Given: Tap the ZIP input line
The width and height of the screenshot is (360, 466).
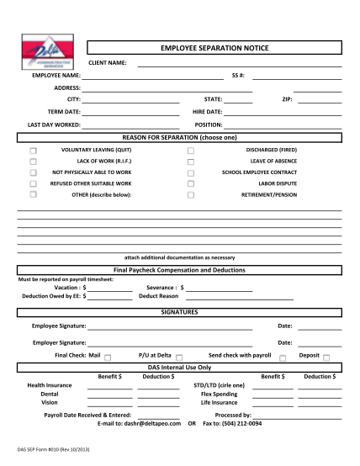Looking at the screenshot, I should tap(320, 100).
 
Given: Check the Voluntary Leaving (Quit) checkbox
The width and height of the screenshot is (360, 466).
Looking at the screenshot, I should tap(34, 149).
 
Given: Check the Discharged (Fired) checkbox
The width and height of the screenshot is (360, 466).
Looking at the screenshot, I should tap(191, 149).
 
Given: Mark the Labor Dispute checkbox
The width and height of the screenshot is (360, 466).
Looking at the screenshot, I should tap(191, 183).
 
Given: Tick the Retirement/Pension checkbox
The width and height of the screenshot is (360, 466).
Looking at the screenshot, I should tap(191, 194).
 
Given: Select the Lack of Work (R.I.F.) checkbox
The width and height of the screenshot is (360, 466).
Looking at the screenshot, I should tap(34, 160).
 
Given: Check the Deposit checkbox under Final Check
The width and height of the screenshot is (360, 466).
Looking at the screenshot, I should tap(326, 357).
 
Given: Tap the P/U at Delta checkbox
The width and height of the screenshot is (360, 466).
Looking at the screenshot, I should tap(176, 357).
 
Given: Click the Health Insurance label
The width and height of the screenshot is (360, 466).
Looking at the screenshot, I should tap(50, 384).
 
